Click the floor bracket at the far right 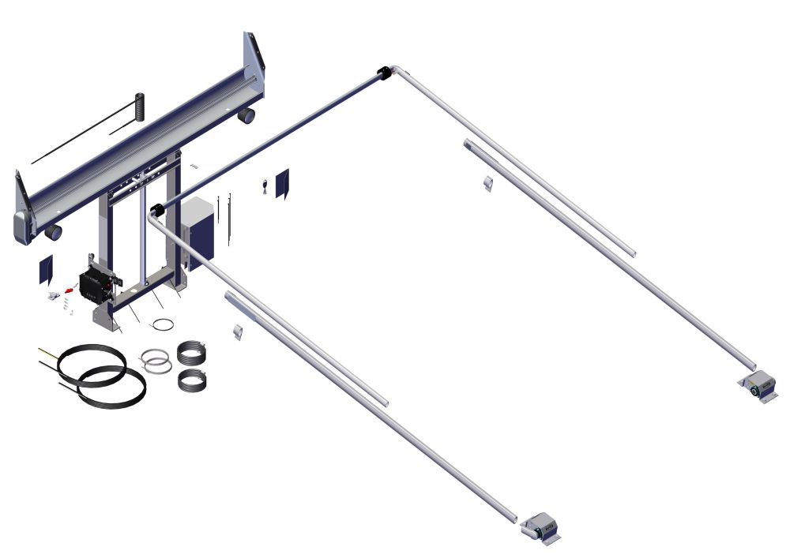point(758,389)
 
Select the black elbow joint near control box point(156,211)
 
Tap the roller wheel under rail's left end point(54,232)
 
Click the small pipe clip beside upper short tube point(487,183)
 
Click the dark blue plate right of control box point(282,183)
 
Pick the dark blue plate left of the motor point(46,270)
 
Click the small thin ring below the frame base point(163,324)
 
